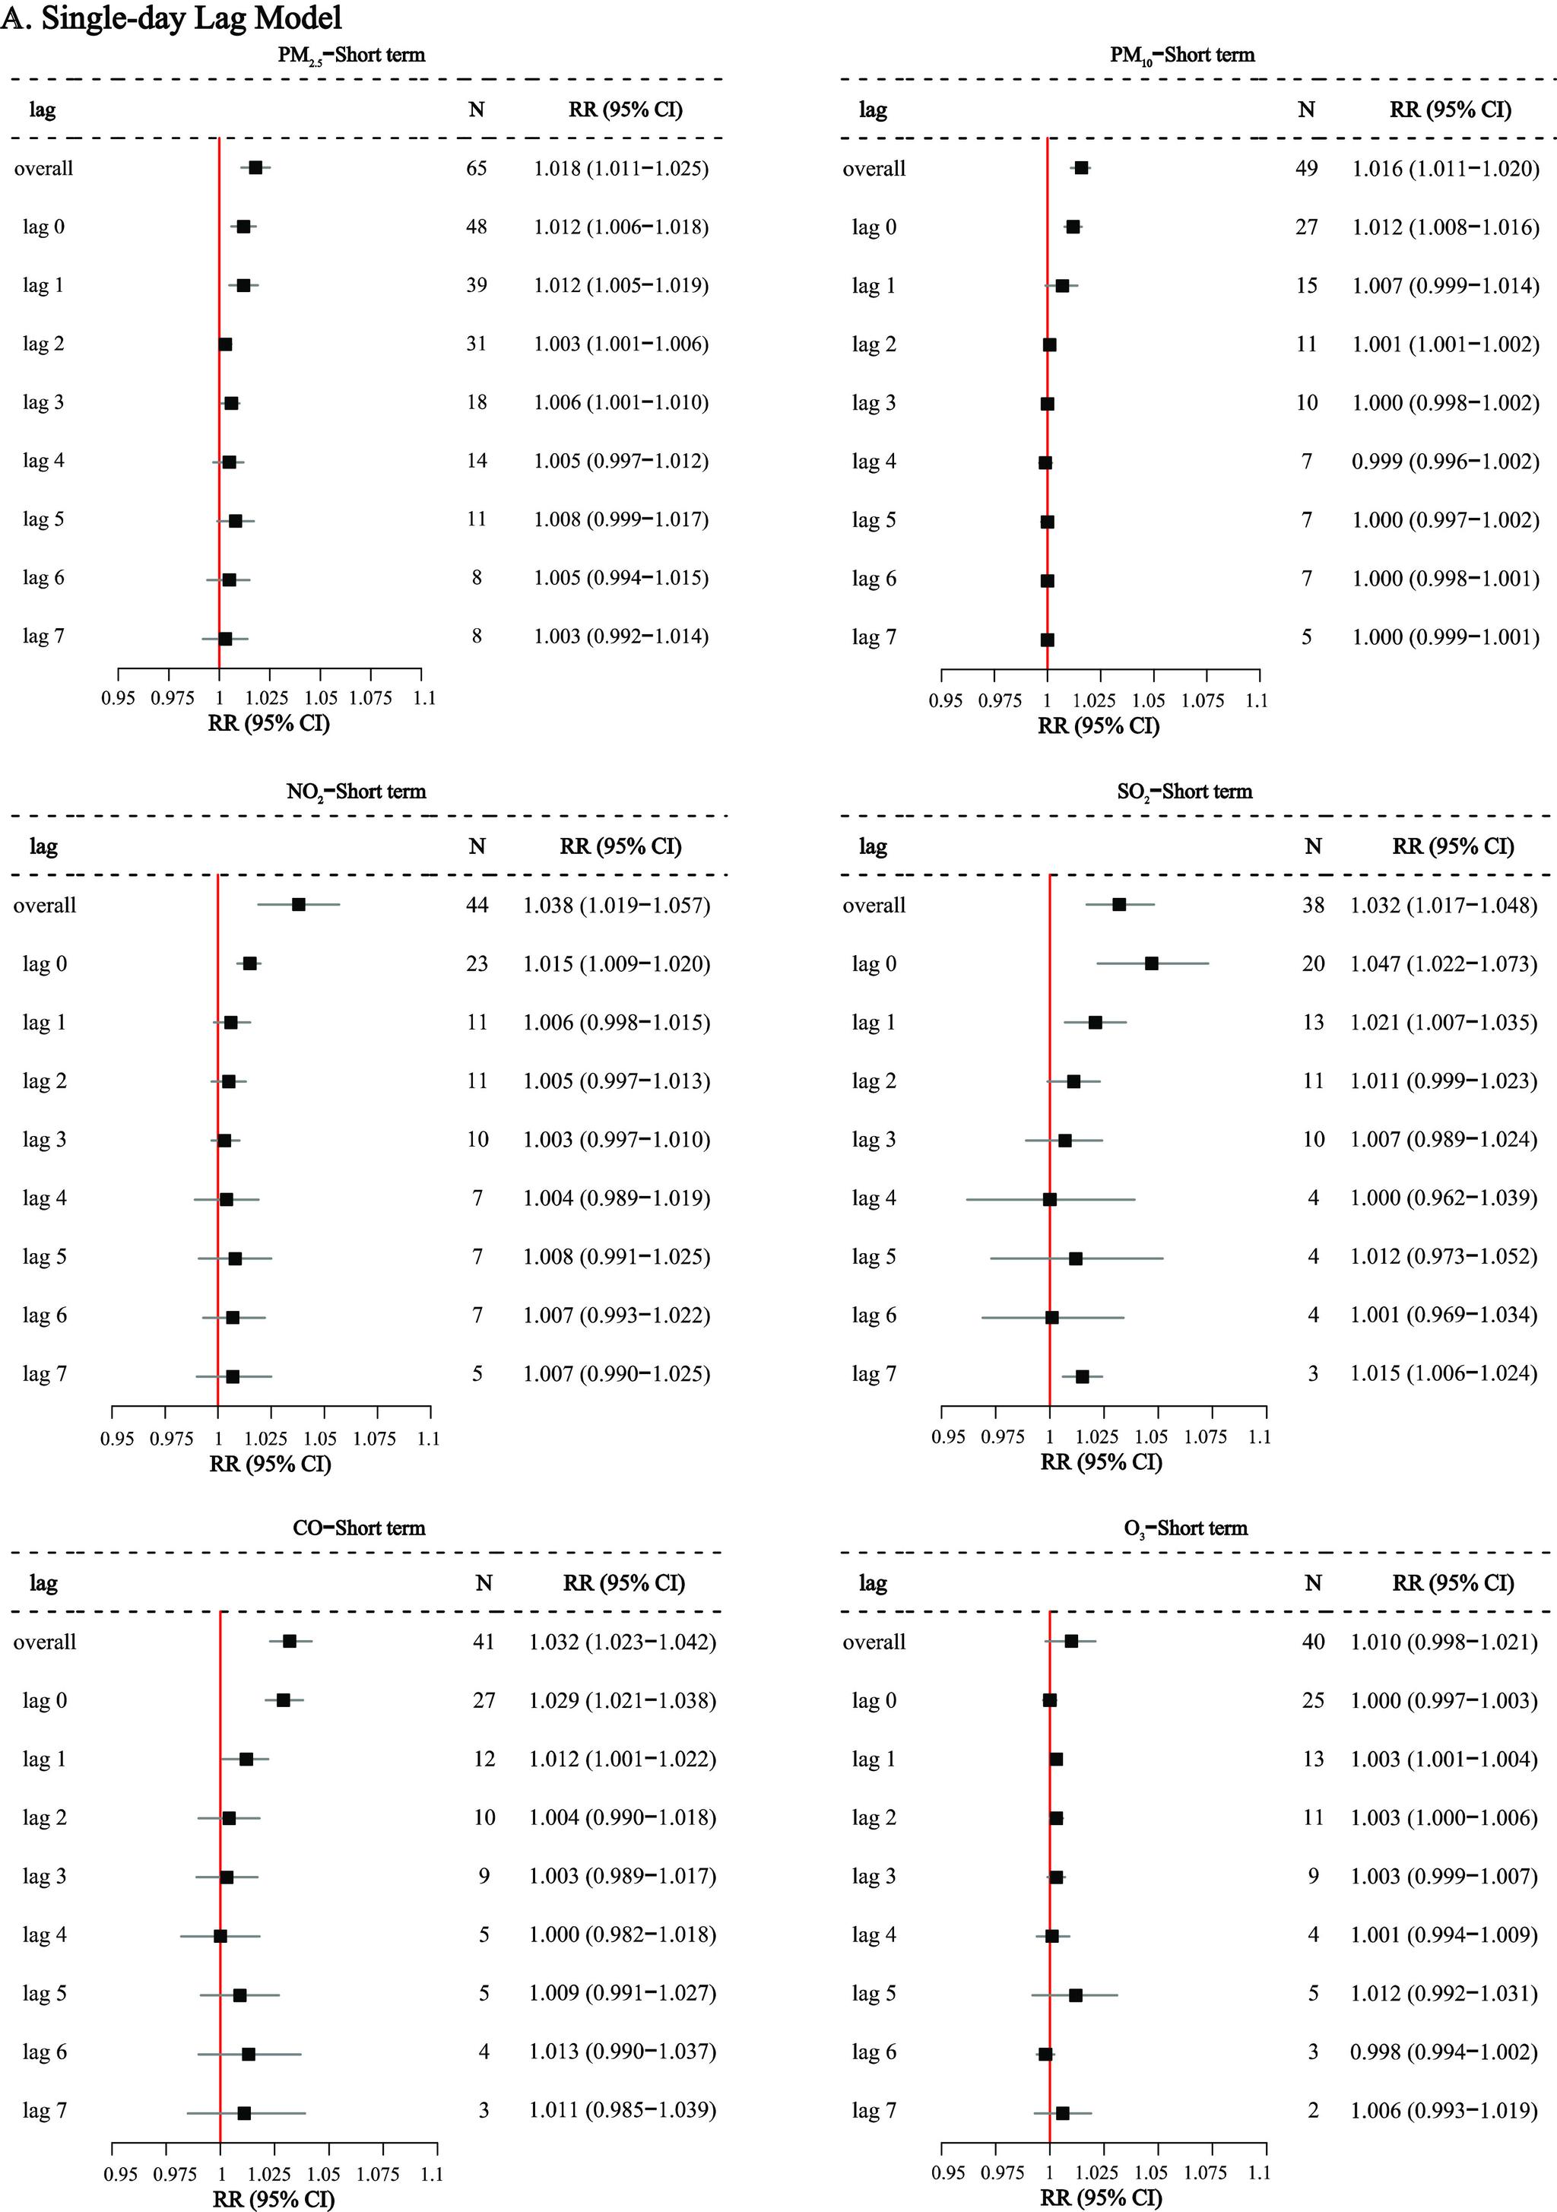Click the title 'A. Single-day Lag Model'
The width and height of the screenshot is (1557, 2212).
click(172, 17)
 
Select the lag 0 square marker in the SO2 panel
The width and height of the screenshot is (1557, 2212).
click(1151, 963)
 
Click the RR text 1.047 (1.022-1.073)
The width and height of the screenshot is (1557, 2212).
click(1443, 963)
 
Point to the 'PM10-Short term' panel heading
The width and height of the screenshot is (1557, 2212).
click(1182, 55)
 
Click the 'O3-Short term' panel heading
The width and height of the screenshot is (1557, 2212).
click(1185, 1528)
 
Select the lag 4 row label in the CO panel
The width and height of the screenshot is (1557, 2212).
click(44, 1934)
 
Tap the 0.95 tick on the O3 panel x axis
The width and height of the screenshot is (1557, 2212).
click(948, 2172)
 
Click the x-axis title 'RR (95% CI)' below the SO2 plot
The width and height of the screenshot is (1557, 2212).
click(1102, 1461)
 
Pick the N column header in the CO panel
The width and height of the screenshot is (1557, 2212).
click(484, 1583)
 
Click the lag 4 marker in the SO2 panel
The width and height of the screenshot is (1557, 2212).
click(1049, 1199)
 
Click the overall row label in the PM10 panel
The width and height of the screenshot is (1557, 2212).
click(874, 169)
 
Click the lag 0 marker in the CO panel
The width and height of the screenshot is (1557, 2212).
click(284, 1700)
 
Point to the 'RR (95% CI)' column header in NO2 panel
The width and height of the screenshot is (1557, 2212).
click(620, 846)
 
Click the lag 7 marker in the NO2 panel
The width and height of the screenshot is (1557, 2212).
click(232, 1376)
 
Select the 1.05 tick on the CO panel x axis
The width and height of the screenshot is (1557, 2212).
click(324, 2173)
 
